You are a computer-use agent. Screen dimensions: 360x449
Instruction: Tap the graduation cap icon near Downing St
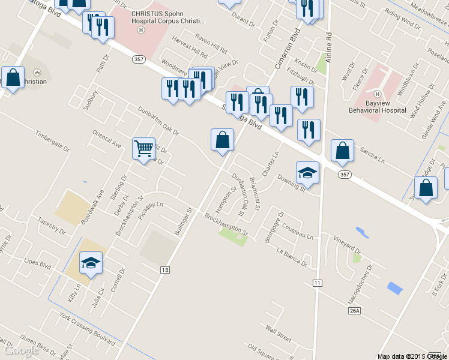[307, 172]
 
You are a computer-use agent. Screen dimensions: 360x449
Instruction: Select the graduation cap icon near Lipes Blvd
[91, 263]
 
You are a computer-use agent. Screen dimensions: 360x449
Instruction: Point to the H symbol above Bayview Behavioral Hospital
[378, 94]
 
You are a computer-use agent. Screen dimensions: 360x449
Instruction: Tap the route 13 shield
[164, 270]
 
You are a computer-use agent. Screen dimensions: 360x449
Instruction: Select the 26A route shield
[354, 310]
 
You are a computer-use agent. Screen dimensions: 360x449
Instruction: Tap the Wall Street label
[279, 335]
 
